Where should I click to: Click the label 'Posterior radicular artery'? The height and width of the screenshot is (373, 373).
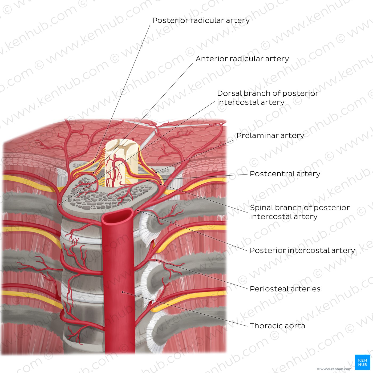(x=201, y=20)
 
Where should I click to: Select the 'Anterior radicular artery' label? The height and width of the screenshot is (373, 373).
(x=242, y=59)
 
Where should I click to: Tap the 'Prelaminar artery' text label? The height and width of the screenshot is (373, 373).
(x=270, y=136)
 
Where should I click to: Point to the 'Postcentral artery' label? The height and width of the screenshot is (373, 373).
(x=285, y=174)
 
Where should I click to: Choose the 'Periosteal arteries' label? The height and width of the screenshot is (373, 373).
(x=285, y=289)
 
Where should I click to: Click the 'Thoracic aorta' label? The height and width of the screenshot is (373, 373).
(x=277, y=326)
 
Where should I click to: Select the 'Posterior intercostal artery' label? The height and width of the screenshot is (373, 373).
(x=302, y=250)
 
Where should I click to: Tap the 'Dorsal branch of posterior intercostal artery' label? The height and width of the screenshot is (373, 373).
(x=268, y=98)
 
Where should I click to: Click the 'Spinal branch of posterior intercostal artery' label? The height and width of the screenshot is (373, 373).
(x=300, y=212)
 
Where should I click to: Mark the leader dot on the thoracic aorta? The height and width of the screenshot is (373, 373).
(x=122, y=292)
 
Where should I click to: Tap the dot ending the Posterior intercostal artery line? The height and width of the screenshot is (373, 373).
(x=138, y=210)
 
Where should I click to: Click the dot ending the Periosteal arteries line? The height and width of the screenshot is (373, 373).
(x=157, y=260)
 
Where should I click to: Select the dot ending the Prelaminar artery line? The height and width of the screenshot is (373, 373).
(x=156, y=172)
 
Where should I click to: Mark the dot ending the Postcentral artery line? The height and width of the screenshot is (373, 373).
(x=147, y=180)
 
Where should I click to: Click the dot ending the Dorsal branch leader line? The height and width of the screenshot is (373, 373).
(x=60, y=204)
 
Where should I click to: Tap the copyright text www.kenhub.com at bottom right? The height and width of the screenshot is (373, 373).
(x=334, y=369)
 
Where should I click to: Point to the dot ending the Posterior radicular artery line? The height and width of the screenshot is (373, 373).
(x=94, y=162)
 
